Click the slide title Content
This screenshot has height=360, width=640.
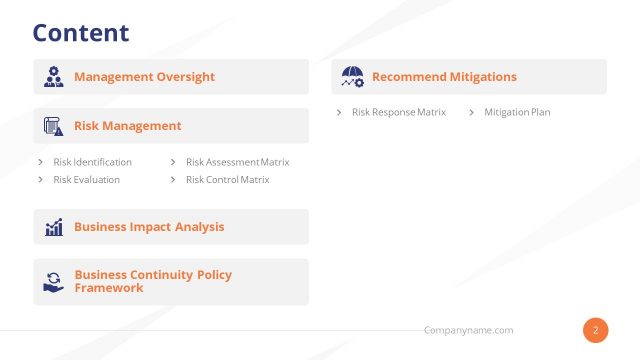point(81,32)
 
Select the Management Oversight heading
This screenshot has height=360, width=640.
point(144,77)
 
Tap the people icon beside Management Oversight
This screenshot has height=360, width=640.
point(53,77)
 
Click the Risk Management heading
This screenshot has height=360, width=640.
point(127,126)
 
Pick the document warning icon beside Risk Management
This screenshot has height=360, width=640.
point(53,126)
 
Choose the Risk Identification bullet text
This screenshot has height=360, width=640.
point(92,162)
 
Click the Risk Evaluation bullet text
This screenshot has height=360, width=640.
point(86,180)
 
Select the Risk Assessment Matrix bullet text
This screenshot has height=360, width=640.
point(237,162)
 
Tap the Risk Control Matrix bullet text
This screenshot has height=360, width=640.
point(227,180)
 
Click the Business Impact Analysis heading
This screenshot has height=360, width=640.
point(149,227)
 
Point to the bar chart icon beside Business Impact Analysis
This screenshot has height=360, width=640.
point(53,227)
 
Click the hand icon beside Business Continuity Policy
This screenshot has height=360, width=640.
point(53,282)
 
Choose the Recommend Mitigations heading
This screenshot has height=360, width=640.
point(444,77)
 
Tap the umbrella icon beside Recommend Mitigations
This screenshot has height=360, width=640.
point(352,77)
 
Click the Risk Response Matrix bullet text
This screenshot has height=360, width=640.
point(399,112)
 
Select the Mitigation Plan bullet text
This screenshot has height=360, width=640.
point(517,112)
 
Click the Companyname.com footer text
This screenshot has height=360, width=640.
point(468,330)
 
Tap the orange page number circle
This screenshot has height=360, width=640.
point(596,330)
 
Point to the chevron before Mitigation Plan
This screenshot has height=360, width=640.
point(471,112)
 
